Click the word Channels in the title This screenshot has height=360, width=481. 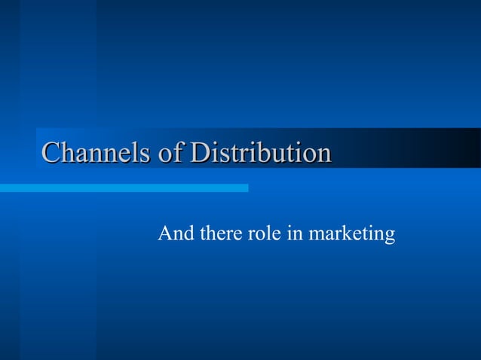coord(96,153)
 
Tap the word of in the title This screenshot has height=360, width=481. coord(171,153)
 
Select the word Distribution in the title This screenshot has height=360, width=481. coord(260,153)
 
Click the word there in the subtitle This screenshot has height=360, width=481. coord(222,234)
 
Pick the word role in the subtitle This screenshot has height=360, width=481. coord(265,234)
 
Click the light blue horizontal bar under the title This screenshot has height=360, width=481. coord(124,188)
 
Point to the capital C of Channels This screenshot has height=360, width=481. coord(51,153)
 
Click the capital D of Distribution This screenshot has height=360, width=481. coord(199,153)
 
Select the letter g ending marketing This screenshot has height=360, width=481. coord(389,237)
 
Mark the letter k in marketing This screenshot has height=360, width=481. coord(343,234)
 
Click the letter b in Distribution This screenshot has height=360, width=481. coord(267,153)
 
